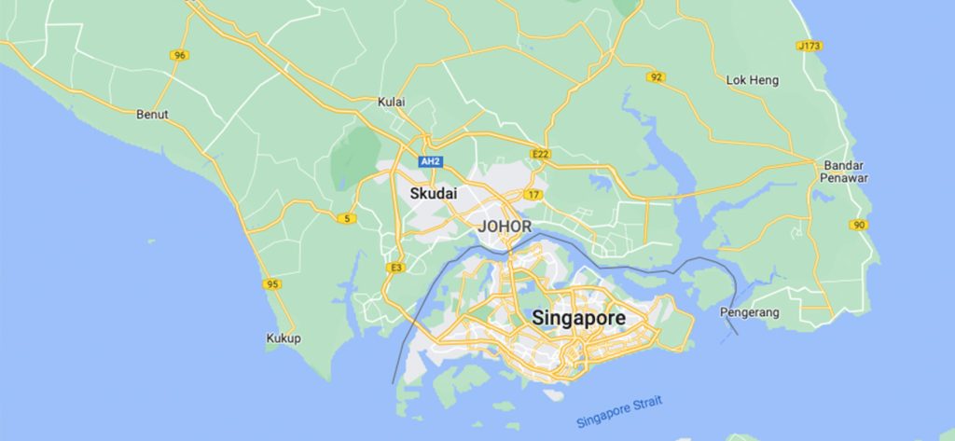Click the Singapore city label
click(x=578, y=318)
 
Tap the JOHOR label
click(x=505, y=227)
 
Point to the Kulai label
click(x=392, y=101)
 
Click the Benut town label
click(x=152, y=115)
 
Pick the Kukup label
click(x=284, y=338)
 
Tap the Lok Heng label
click(x=752, y=81)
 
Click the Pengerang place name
click(x=751, y=313)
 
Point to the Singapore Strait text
click(x=619, y=408)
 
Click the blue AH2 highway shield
click(x=430, y=161)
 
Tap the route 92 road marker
click(x=657, y=76)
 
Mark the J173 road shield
click(x=810, y=46)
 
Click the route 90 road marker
click(x=858, y=225)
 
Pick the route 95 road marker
click(x=272, y=284)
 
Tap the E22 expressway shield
click(x=539, y=153)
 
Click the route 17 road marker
click(x=533, y=194)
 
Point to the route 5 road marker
click(x=348, y=218)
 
